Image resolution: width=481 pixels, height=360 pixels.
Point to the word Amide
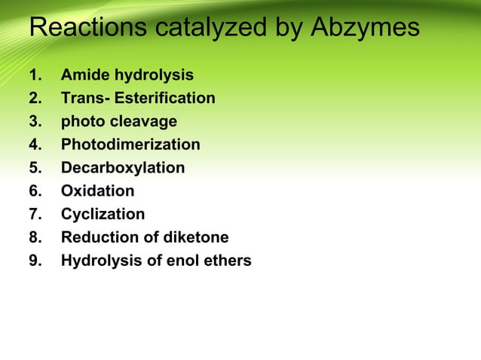click(x=84, y=75)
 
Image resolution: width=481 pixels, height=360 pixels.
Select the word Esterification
click(x=164, y=99)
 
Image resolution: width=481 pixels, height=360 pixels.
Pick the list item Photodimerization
click(x=130, y=145)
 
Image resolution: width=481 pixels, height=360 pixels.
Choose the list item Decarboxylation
click(x=122, y=168)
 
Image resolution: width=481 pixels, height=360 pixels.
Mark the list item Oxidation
click(x=97, y=191)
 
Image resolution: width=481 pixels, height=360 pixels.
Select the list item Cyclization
click(x=103, y=215)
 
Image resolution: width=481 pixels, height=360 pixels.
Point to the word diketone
click(x=196, y=238)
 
